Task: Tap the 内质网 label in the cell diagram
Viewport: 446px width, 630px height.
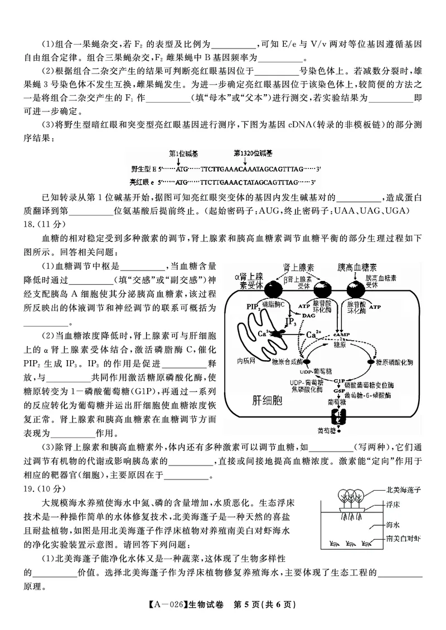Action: (x=246, y=361)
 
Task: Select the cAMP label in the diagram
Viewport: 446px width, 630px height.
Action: (x=340, y=335)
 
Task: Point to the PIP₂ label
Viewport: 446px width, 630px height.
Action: (x=253, y=307)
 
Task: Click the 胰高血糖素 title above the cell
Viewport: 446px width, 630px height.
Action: (x=357, y=267)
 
